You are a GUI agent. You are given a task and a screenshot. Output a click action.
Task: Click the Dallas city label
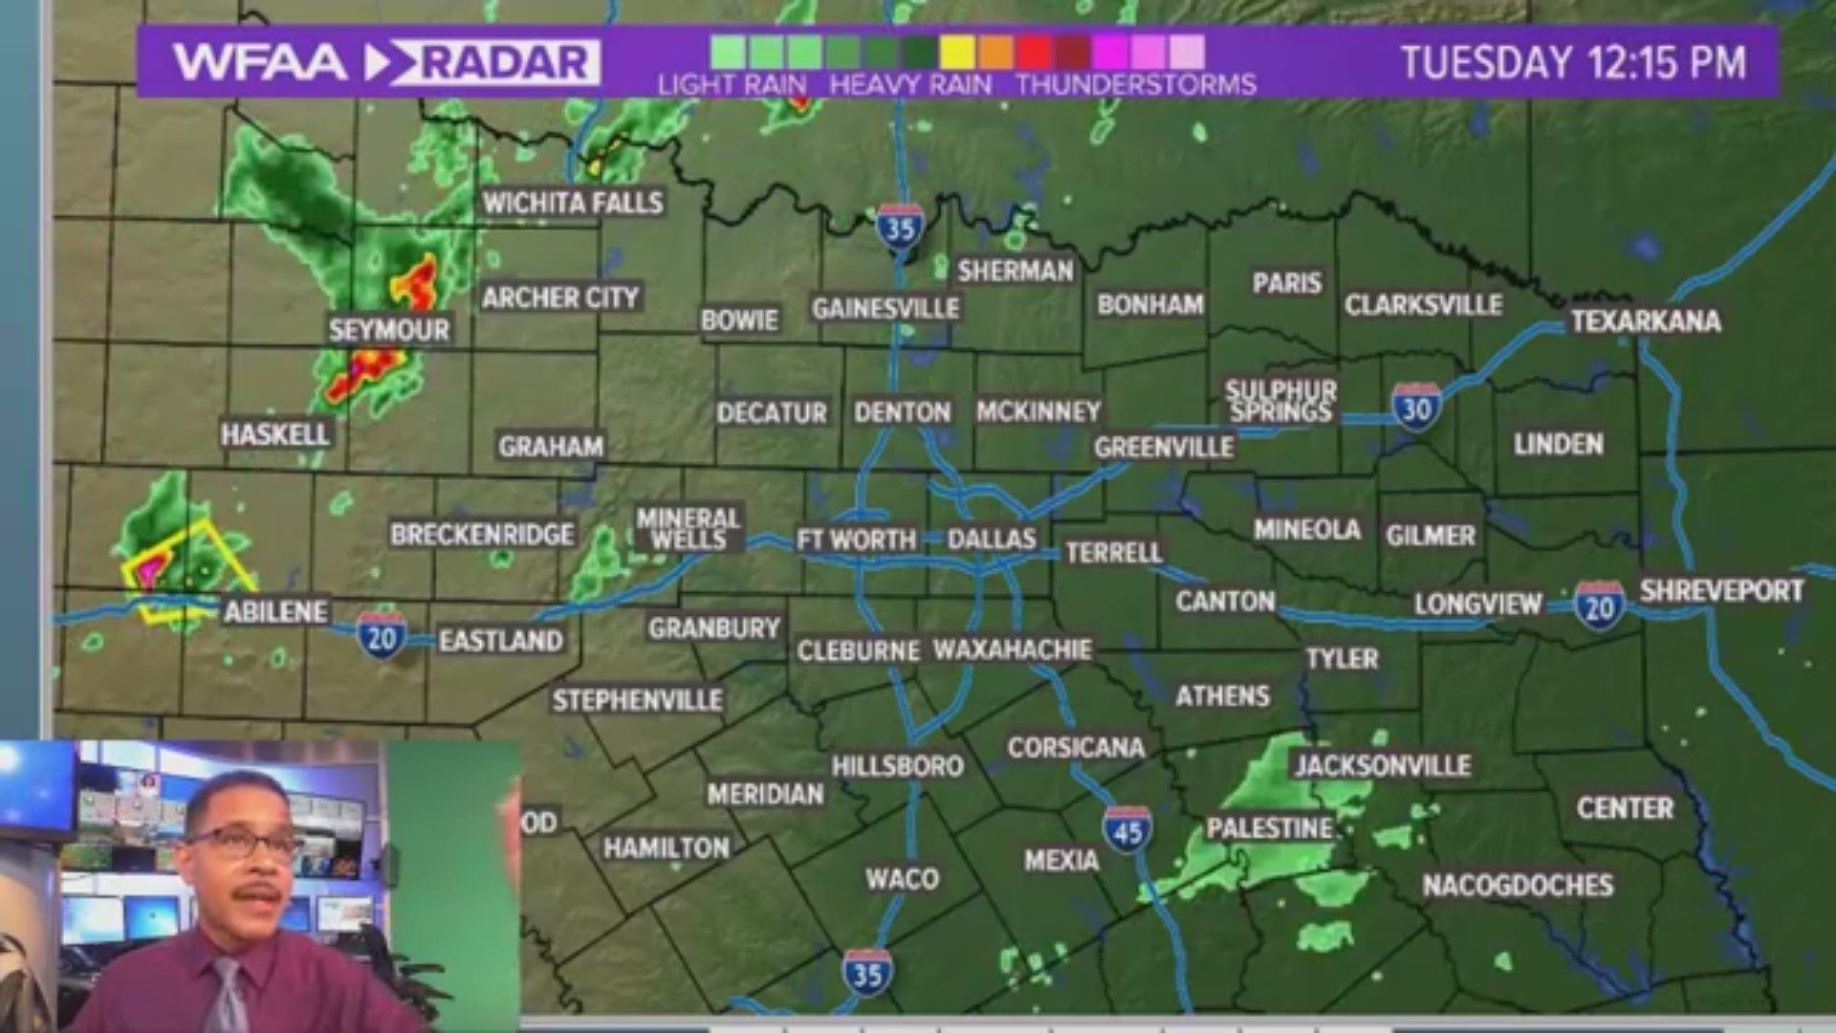click(x=992, y=538)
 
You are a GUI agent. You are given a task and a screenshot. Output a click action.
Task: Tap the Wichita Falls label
click(x=572, y=203)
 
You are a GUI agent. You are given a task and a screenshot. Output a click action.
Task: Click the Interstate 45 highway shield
click(x=1127, y=829)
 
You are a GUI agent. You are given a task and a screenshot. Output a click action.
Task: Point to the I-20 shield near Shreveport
click(x=1599, y=606)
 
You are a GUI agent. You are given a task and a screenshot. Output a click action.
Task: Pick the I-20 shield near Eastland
click(x=382, y=636)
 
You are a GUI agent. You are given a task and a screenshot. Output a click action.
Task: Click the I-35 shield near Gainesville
click(x=900, y=228)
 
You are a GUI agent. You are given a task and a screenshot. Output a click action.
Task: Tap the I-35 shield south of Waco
click(x=867, y=973)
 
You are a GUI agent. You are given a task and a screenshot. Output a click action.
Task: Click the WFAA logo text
click(x=259, y=63)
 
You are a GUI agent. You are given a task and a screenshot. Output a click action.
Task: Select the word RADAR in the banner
click(x=504, y=63)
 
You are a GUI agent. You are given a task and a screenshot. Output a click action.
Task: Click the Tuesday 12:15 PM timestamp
click(x=1573, y=63)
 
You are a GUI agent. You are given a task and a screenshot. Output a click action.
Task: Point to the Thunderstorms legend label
click(x=1136, y=85)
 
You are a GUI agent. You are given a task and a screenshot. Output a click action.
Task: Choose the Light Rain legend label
click(x=732, y=85)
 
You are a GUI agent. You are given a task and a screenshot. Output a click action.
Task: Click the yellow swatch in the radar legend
click(x=956, y=52)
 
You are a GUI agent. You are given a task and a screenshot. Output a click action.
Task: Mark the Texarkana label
click(x=1645, y=320)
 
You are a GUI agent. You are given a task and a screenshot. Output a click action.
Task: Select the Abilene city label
click(x=275, y=611)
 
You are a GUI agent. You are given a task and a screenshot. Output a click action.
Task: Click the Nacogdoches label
click(x=1518, y=885)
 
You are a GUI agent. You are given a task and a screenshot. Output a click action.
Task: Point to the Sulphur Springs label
click(x=1280, y=401)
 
